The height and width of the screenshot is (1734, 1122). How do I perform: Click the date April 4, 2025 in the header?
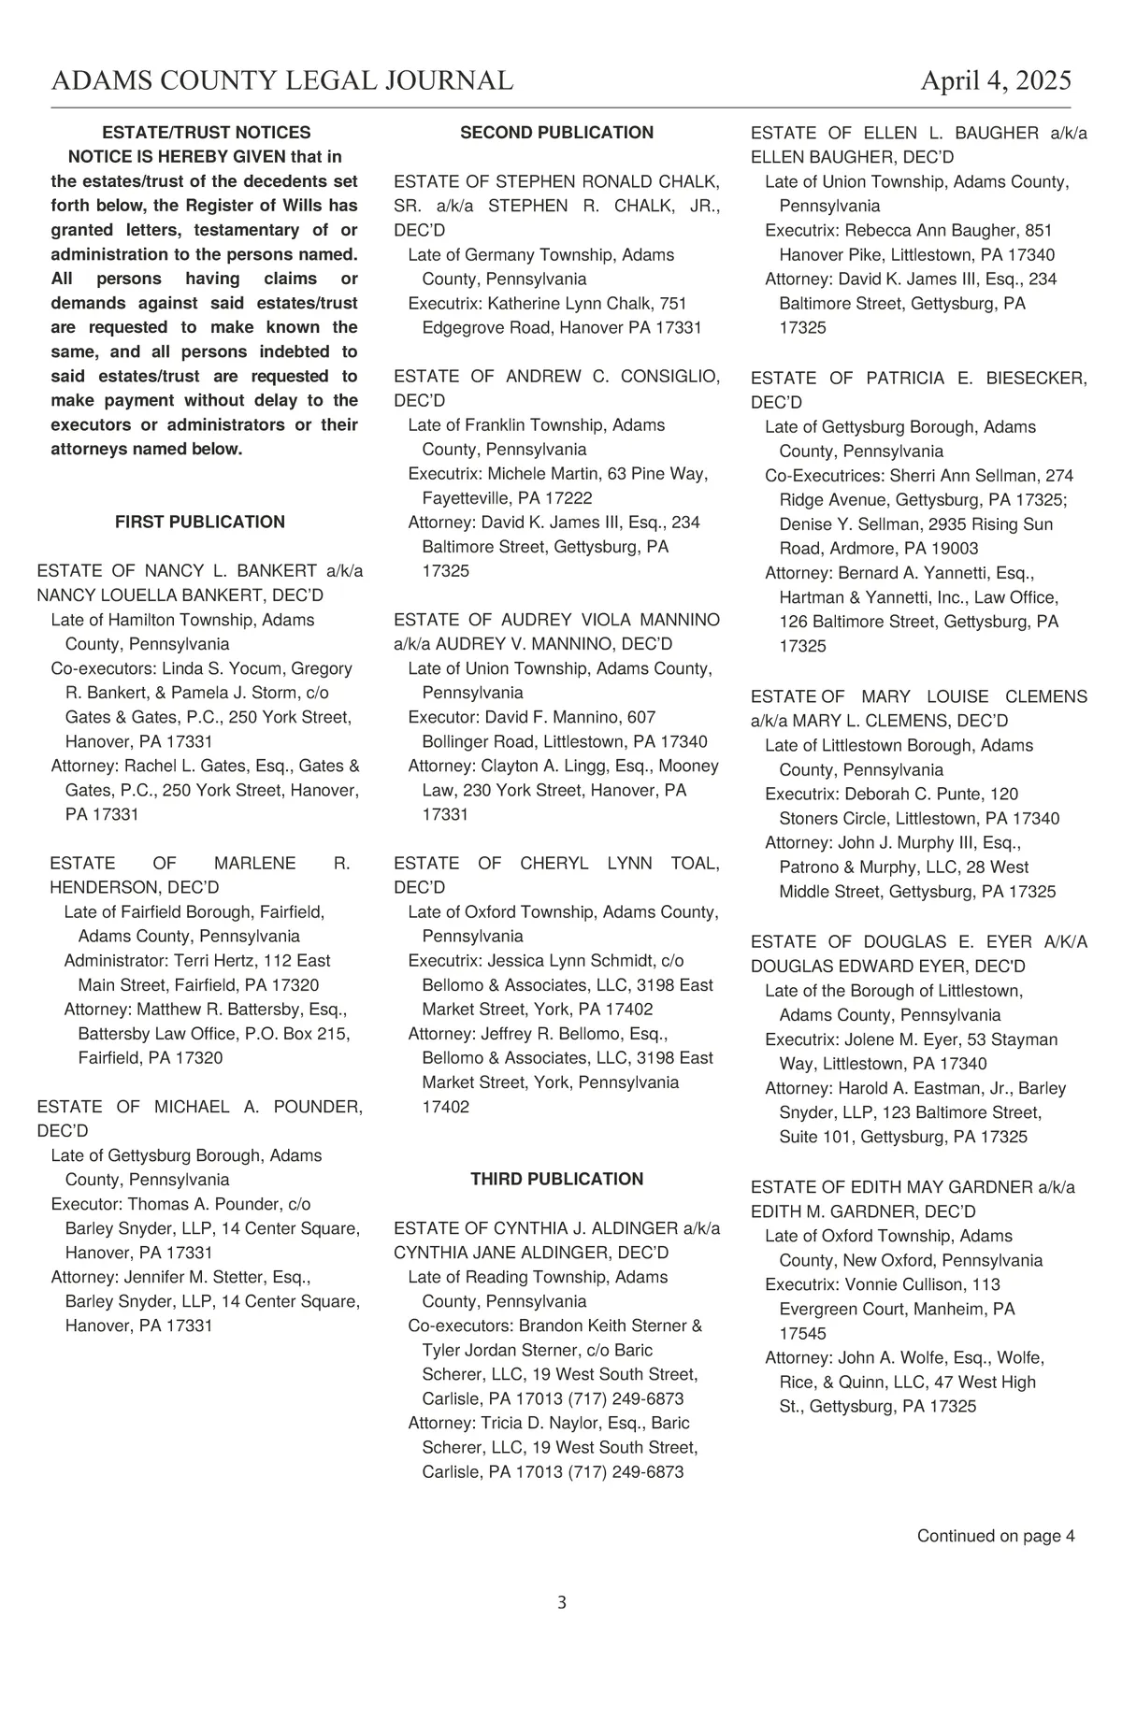coord(996,81)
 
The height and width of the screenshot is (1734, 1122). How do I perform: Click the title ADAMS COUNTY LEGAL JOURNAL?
coord(281,81)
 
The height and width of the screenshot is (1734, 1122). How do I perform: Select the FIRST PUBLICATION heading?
coord(200,522)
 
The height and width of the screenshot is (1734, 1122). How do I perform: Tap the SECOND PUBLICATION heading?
coord(556,133)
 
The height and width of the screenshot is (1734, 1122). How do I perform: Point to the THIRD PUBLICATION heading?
coord(556,1179)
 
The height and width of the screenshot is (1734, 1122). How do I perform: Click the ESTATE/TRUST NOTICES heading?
coord(206,133)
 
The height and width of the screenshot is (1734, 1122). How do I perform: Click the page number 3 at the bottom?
coord(561,1602)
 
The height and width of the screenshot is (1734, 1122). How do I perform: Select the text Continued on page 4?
coord(995,1535)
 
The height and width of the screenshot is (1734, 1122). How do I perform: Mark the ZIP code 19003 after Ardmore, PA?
coord(956,549)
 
